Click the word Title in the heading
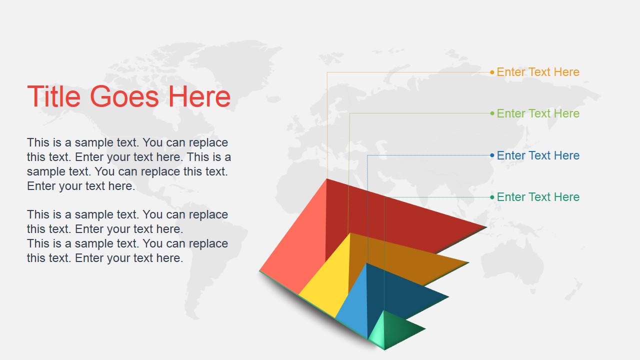pos(53,96)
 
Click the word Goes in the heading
pos(124,96)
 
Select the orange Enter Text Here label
pos(538,72)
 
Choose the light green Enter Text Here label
pos(538,113)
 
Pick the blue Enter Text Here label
pos(538,155)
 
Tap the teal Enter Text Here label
pos(538,197)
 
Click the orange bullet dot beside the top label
pos(492,72)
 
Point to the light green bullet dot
pos(492,113)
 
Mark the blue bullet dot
pos(492,155)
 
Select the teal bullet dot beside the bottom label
pos(492,197)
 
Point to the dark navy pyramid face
pos(400,294)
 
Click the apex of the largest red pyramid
pos(326,179)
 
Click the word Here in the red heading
pos(199,96)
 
